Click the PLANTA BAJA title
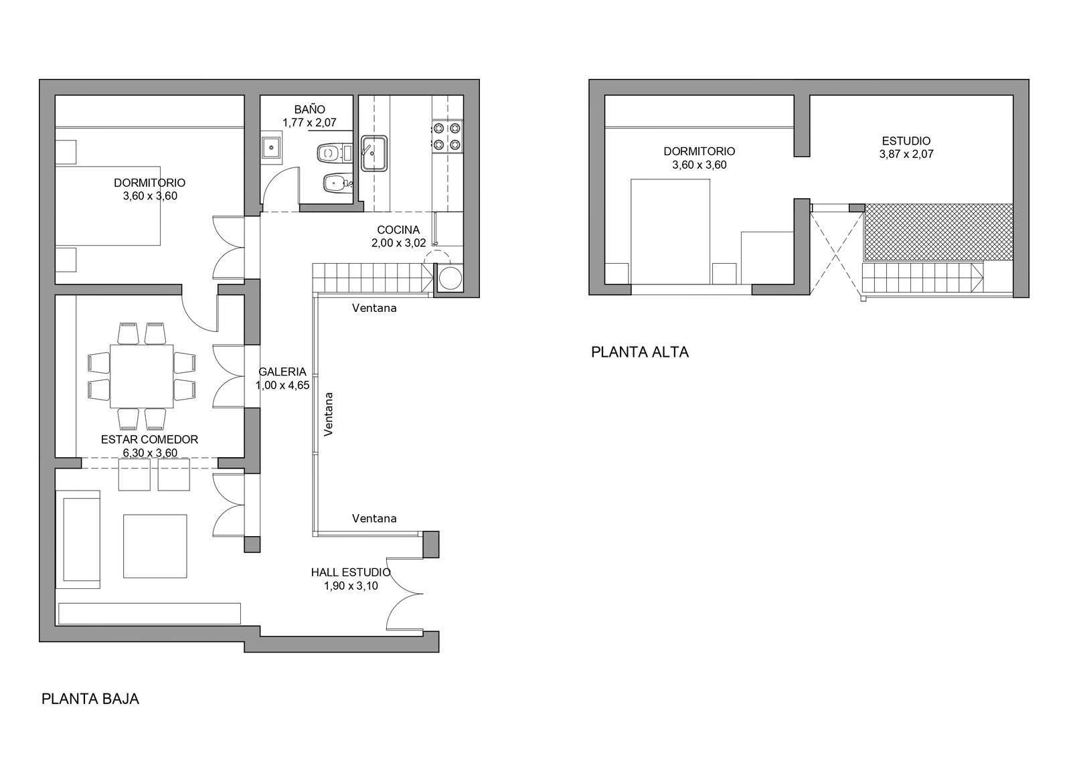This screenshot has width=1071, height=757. [90, 699]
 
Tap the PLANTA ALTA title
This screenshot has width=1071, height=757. [640, 353]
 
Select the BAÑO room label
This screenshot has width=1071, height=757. [310, 110]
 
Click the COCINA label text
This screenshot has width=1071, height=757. [398, 230]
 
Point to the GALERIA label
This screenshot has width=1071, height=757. [282, 371]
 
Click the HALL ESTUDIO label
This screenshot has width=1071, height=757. [351, 572]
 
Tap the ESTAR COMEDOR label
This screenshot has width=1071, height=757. [150, 440]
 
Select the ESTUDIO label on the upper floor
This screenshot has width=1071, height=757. [906, 141]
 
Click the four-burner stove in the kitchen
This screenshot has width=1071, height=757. [447, 137]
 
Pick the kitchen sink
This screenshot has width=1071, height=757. [374, 153]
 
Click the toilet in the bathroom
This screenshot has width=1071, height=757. [334, 153]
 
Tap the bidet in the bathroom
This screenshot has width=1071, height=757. [337, 183]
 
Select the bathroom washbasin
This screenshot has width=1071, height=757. [271, 148]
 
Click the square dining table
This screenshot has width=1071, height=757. [141, 376]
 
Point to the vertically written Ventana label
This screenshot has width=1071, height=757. [329, 414]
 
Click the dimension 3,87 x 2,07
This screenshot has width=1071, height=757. [906, 155]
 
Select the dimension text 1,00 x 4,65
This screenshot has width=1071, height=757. [282, 386]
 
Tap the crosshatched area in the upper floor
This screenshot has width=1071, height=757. [938, 232]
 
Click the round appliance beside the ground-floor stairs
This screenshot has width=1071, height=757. [450, 278]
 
